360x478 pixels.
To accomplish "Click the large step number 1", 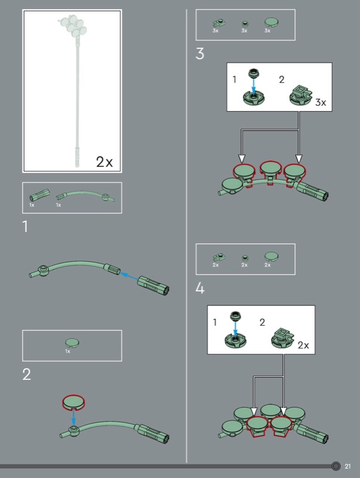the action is (25, 227).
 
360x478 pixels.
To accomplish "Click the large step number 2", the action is (26, 375).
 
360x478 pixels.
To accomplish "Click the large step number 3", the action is (200, 54).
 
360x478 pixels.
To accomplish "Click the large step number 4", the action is (200, 288).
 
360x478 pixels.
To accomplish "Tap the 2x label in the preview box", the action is (104, 162).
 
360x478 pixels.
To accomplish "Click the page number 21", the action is (347, 467).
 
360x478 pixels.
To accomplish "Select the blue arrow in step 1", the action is (128, 276).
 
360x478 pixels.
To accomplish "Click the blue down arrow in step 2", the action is (74, 417).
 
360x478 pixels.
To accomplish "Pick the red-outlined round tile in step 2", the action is (74, 402).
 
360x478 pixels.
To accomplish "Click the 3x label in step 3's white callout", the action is (321, 102).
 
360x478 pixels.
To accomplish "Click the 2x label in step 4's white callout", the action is (303, 345).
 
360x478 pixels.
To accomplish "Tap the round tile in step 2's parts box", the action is (72, 343).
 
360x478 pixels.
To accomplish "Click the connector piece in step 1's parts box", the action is (39, 195).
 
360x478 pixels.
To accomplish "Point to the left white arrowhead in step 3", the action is (242, 158).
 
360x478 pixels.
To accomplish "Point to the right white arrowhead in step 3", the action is (299, 158).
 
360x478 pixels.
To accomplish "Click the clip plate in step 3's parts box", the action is (218, 23).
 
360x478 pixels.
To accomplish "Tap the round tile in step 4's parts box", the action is (271, 256).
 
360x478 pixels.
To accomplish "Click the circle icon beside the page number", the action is (335, 466).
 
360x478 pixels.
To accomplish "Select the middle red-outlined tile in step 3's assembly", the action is (270, 170).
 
